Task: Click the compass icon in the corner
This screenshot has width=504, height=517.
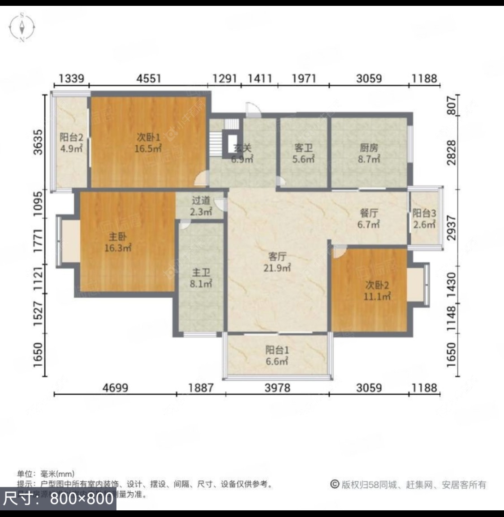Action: (22, 27)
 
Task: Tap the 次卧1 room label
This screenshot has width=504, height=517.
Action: (148, 143)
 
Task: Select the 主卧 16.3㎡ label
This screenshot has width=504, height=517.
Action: (117, 243)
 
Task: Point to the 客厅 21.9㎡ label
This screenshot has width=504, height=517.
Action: (277, 262)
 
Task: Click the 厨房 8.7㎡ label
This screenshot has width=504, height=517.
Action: (369, 153)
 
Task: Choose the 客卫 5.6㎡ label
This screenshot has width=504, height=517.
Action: (304, 153)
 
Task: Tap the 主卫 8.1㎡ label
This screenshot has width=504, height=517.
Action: (201, 278)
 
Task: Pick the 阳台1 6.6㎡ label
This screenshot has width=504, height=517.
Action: (277, 355)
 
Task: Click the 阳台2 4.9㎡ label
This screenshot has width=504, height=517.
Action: (71, 143)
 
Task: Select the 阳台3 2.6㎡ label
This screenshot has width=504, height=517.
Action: (424, 219)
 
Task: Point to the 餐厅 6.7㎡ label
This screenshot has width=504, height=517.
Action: (369, 218)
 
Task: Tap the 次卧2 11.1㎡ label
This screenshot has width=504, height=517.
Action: (377, 290)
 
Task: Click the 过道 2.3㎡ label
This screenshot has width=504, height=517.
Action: (201, 206)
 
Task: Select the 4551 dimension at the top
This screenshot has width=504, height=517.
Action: (149, 78)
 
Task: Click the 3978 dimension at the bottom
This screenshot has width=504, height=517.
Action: (277, 387)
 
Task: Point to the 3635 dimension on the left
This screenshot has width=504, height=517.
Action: (39, 142)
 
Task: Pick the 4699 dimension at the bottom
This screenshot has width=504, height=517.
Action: (115, 387)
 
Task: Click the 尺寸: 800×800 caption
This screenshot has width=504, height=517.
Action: (58, 499)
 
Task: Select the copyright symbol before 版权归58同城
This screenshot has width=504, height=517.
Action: (335, 484)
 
